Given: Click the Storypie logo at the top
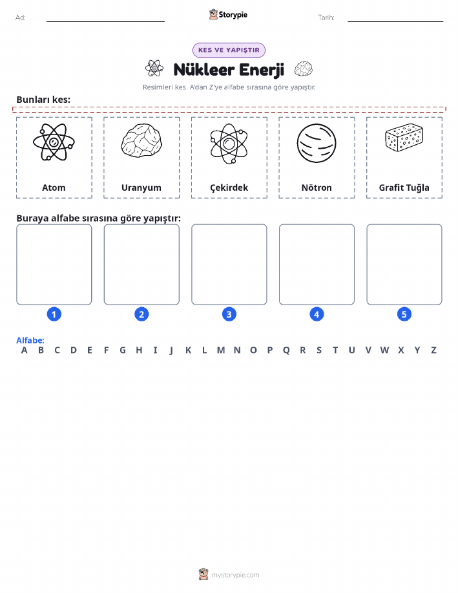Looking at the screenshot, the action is (228, 15).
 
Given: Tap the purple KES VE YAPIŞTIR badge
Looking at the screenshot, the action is (229, 50).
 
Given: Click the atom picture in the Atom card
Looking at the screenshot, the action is (54, 142).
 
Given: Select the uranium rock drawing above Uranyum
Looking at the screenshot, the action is (141, 141).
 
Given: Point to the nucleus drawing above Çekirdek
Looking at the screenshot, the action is (229, 144).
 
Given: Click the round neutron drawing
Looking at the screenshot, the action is (317, 144).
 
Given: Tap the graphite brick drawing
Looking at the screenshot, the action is (404, 138).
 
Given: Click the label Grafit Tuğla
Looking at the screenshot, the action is (404, 188).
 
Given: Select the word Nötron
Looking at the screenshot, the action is (317, 188).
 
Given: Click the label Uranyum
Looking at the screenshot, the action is (141, 188).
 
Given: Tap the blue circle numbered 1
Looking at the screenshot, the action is (54, 314).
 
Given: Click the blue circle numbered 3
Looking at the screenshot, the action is (229, 314).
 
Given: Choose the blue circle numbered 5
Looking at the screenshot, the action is (404, 314).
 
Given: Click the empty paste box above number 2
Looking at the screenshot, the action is (141, 264).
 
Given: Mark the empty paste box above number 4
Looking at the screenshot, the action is (317, 264).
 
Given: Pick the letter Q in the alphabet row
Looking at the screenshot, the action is (286, 350).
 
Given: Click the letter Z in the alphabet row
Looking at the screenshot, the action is (434, 350).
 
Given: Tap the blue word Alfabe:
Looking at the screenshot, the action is (30, 340).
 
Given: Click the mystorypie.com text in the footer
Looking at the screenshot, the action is (235, 576).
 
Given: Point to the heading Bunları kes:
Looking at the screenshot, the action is (43, 100).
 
